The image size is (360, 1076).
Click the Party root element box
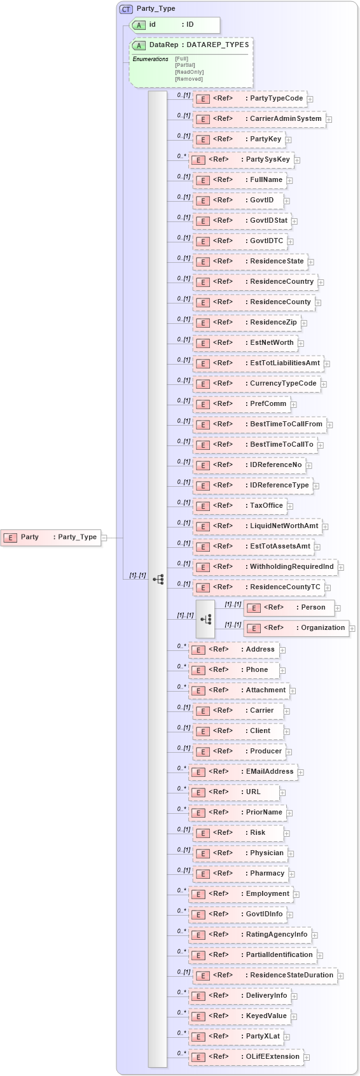pyautogui.click(x=51, y=537)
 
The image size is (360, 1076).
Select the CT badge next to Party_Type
pyautogui.click(x=126, y=9)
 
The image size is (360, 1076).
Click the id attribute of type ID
pyautogui.click(x=175, y=25)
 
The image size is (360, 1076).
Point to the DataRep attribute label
pyautogui.click(x=163, y=45)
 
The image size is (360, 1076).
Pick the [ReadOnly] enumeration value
pyautogui.click(x=189, y=72)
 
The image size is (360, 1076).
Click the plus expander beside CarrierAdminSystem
pyautogui.click(x=329, y=119)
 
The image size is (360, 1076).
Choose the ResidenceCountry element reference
pyautogui.click(x=255, y=282)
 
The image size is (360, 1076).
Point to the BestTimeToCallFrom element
pyautogui.click(x=260, y=424)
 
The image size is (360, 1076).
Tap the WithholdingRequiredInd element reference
pyautogui.click(x=265, y=567)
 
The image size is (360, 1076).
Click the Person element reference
pyautogui.click(x=289, y=608)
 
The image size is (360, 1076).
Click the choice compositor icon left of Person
pyautogui.click(x=205, y=618)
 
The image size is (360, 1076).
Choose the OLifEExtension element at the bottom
pyautogui.click(x=246, y=1057)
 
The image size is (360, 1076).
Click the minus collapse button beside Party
pyautogui.click(x=104, y=538)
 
